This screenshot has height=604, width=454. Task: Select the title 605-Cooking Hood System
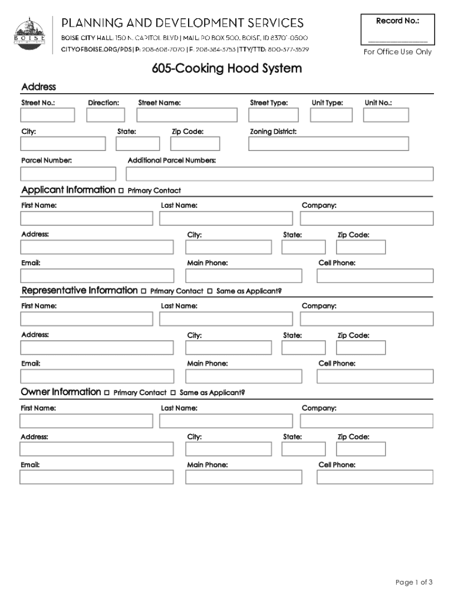click(226, 69)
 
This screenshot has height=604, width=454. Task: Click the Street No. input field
click(48, 115)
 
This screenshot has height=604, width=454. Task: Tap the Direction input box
click(106, 115)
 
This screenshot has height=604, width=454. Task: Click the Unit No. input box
click(386, 115)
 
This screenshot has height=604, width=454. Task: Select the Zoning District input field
click(328, 144)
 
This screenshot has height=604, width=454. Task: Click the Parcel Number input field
click(68, 174)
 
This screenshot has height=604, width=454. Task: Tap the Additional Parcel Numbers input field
click(279, 174)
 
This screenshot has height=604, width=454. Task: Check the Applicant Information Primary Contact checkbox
click(121, 191)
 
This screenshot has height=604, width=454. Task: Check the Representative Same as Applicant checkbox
click(210, 291)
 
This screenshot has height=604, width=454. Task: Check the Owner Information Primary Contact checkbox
click(107, 393)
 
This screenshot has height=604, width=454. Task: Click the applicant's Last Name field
click(225, 218)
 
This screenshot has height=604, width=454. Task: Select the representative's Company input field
click(366, 319)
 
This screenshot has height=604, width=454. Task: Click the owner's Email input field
click(97, 477)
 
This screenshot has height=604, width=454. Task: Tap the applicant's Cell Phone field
click(375, 276)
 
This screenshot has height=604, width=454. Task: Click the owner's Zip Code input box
click(361, 449)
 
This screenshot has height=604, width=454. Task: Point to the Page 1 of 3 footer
click(414, 583)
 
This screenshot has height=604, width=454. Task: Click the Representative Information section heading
click(79, 290)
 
